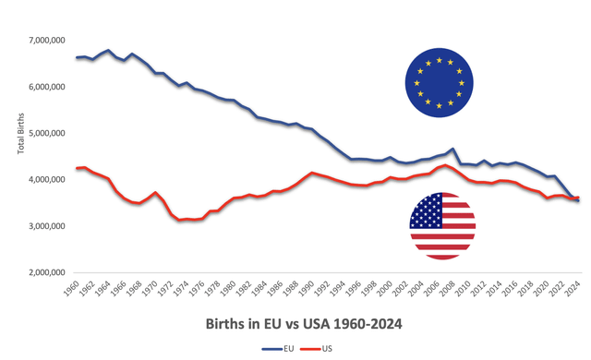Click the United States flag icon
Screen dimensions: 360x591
coord(442,226)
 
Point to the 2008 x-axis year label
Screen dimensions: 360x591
coord(452,289)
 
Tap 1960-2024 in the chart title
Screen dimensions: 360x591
coord(364,324)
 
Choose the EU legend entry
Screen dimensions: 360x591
coord(282,350)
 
